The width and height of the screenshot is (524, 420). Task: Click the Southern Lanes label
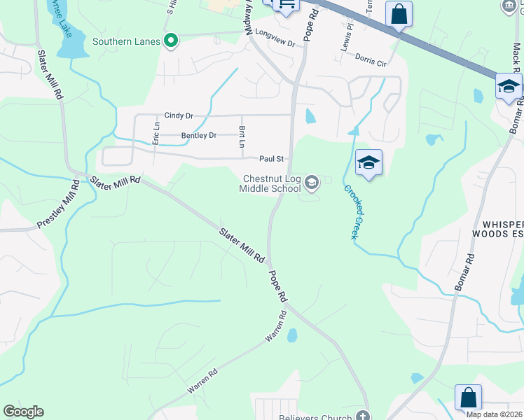click(x=127, y=41)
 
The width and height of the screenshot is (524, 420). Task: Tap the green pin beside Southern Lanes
click(x=170, y=41)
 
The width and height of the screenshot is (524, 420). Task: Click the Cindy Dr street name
click(x=179, y=115)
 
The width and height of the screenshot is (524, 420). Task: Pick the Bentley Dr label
click(x=199, y=135)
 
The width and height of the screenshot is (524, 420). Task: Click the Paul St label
click(x=271, y=159)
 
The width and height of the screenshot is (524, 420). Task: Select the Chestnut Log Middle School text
click(x=270, y=183)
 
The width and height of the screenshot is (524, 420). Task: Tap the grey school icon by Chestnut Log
click(x=312, y=183)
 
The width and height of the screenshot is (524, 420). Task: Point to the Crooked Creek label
click(x=352, y=211)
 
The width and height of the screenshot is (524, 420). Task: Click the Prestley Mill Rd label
click(x=57, y=211)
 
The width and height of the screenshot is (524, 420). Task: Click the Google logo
click(x=23, y=412)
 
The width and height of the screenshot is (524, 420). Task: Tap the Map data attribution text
click(x=494, y=414)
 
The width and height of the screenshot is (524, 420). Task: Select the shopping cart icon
click(x=286, y=4)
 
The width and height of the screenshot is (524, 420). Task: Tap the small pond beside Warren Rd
click(x=292, y=336)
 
